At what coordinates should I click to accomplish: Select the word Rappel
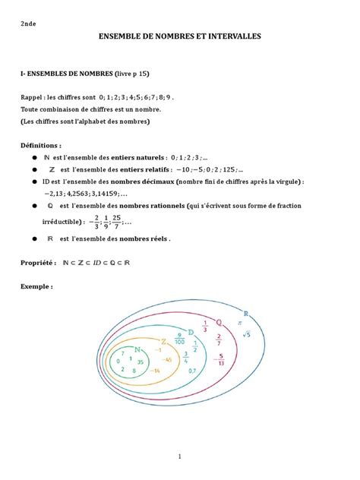pyautogui.click(x=33, y=98)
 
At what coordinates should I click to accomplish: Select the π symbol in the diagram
pyautogui.click(x=238, y=323)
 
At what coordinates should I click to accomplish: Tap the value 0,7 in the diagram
pyautogui.click(x=193, y=371)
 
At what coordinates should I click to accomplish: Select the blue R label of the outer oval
pyautogui.click(x=245, y=312)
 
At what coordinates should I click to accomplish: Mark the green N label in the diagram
pyautogui.click(x=137, y=349)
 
